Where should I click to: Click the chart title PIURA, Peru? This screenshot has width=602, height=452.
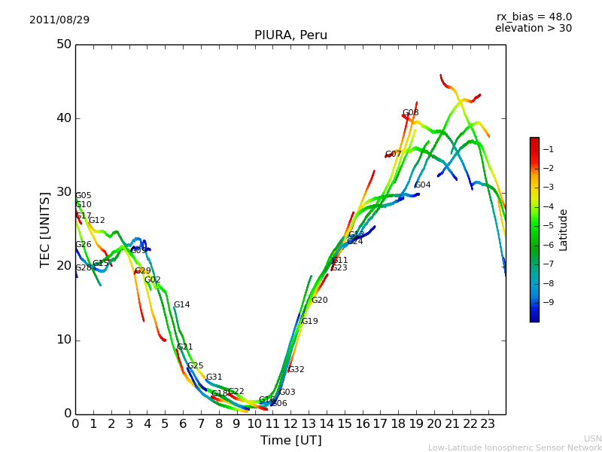coord(290,35)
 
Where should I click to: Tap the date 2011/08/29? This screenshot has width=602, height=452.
coord(59,20)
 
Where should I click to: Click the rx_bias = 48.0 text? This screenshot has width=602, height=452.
coord(534,17)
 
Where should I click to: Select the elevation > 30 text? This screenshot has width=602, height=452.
coord(533,29)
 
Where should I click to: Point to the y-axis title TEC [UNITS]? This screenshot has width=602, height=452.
coord(45,230)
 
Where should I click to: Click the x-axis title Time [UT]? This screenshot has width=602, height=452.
coord(290,441)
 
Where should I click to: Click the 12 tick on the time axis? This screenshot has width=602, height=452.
coord(291,424)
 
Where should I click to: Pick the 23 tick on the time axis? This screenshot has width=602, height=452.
coord(488,424)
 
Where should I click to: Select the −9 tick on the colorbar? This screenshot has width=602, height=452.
coord(548,303)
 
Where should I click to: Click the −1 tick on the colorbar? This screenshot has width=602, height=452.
coord(548,149)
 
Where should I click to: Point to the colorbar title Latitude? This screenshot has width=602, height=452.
coord(564,230)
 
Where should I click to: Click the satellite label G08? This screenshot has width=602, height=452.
coord(410,113)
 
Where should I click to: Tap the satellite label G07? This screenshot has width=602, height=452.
coord(393,154)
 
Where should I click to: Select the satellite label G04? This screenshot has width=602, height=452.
coord(423,185)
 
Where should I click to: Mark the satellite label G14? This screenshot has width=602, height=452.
coord(181,305)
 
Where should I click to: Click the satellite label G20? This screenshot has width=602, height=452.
coord(319,301)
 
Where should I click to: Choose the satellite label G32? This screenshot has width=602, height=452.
coord(296,370)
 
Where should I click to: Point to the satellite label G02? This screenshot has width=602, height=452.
coord(152,280)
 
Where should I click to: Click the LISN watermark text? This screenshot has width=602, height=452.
coord(592,438)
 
